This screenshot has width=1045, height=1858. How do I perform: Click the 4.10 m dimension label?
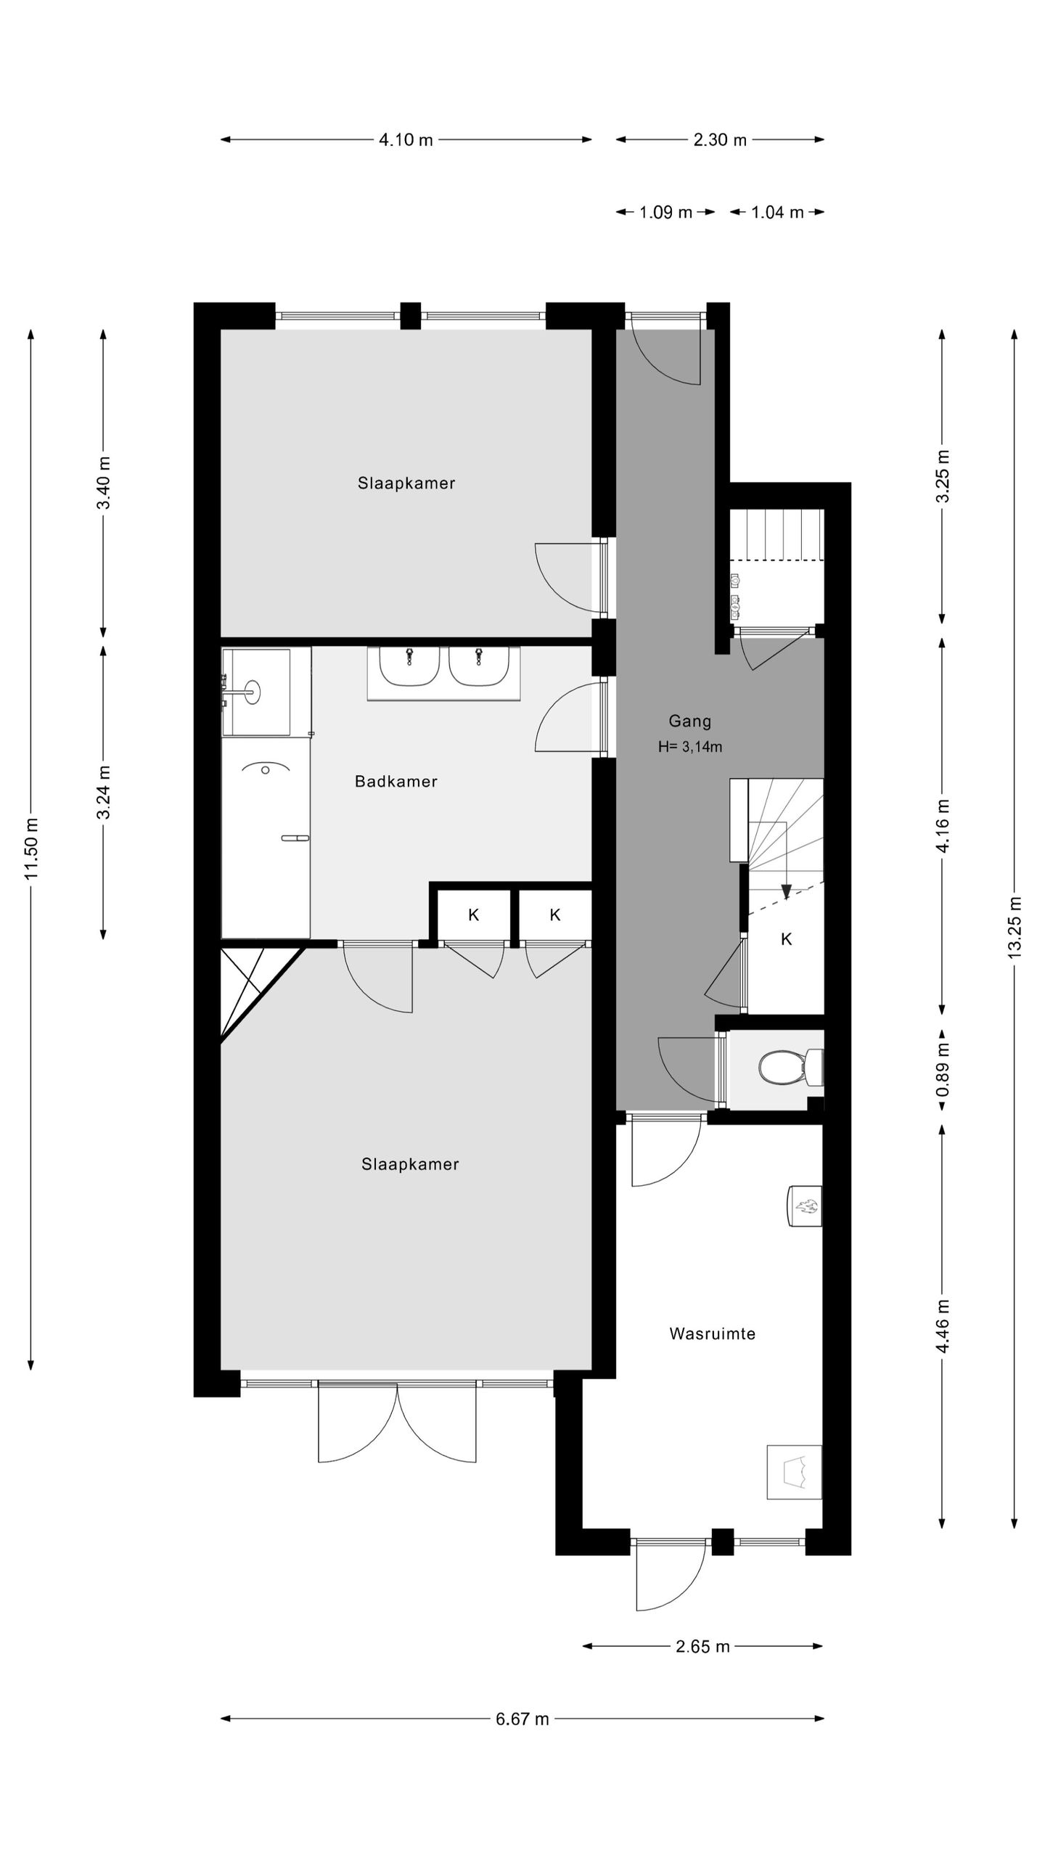click(406, 140)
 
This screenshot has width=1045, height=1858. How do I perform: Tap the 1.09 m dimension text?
click(665, 213)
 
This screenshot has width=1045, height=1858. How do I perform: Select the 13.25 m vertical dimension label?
click(1015, 928)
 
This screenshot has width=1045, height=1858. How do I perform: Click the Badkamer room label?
click(396, 782)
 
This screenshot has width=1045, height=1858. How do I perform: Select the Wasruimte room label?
click(713, 1333)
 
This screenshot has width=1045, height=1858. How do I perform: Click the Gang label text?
click(689, 721)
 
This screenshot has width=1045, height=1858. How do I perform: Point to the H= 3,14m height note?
click(689, 747)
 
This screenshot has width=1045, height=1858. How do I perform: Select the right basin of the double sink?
click(478, 666)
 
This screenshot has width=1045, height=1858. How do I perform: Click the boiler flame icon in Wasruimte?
click(805, 1206)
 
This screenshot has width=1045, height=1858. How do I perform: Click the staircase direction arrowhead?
click(785, 891)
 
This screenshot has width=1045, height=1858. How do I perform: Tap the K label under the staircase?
click(786, 940)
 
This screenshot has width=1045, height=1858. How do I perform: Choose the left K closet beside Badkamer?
click(474, 915)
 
